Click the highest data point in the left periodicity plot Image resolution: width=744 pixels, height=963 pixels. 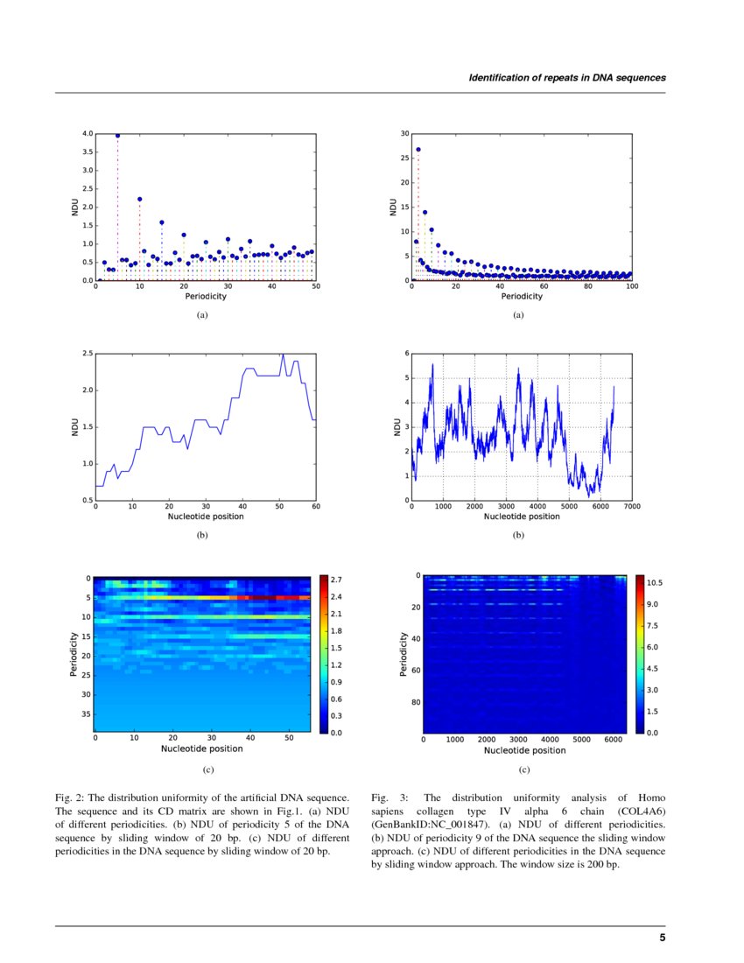117,136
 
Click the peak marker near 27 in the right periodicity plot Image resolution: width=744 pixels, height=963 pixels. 418,150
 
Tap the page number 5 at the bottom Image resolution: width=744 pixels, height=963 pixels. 662,938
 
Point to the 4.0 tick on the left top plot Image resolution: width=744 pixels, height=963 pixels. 87,134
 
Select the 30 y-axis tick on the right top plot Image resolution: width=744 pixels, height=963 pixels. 404,134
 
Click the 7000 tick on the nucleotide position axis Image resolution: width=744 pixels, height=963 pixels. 631,507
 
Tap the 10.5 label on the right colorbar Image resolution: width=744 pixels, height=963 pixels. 655,582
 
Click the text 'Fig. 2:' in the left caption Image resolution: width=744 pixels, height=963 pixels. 70,798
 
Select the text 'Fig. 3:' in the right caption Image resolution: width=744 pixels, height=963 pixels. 387,798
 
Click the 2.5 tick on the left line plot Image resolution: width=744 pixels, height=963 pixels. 87,353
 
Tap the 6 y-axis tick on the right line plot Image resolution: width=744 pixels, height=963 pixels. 406,353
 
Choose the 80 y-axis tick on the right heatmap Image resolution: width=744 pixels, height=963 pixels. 415,702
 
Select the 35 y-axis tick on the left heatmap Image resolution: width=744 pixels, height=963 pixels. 87,713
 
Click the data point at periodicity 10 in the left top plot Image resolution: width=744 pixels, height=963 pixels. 139,199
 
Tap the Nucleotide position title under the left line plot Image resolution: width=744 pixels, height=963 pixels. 206,517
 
